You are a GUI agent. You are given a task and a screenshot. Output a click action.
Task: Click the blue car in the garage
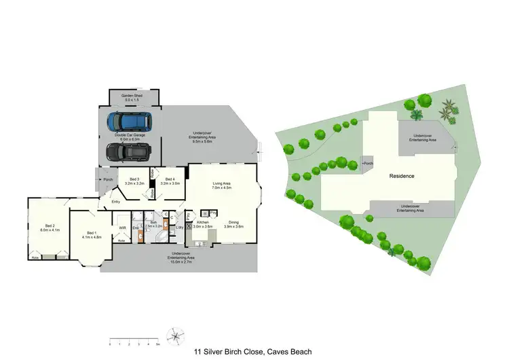(x=130, y=122)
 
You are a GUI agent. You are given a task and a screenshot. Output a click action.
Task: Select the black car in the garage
(x=129, y=151)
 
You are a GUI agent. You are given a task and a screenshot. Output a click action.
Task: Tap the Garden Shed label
(x=132, y=96)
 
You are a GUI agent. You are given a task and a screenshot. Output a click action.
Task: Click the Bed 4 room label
(x=170, y=180)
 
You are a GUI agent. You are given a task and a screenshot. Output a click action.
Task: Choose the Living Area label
(x=223, y=183)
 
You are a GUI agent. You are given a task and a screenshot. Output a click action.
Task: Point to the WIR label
(x=123, y=228)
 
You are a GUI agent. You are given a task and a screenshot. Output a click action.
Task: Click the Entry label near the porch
(x=115, y=201)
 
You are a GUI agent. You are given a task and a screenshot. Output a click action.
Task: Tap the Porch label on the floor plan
(x=108, y=180)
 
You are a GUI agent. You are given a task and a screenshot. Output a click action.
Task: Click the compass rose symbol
(x=176, y=335)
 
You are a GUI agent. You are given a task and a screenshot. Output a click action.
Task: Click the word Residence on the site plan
(x=402, y=176)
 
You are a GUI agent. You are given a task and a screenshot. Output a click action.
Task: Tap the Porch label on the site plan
(x=368, y=164)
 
